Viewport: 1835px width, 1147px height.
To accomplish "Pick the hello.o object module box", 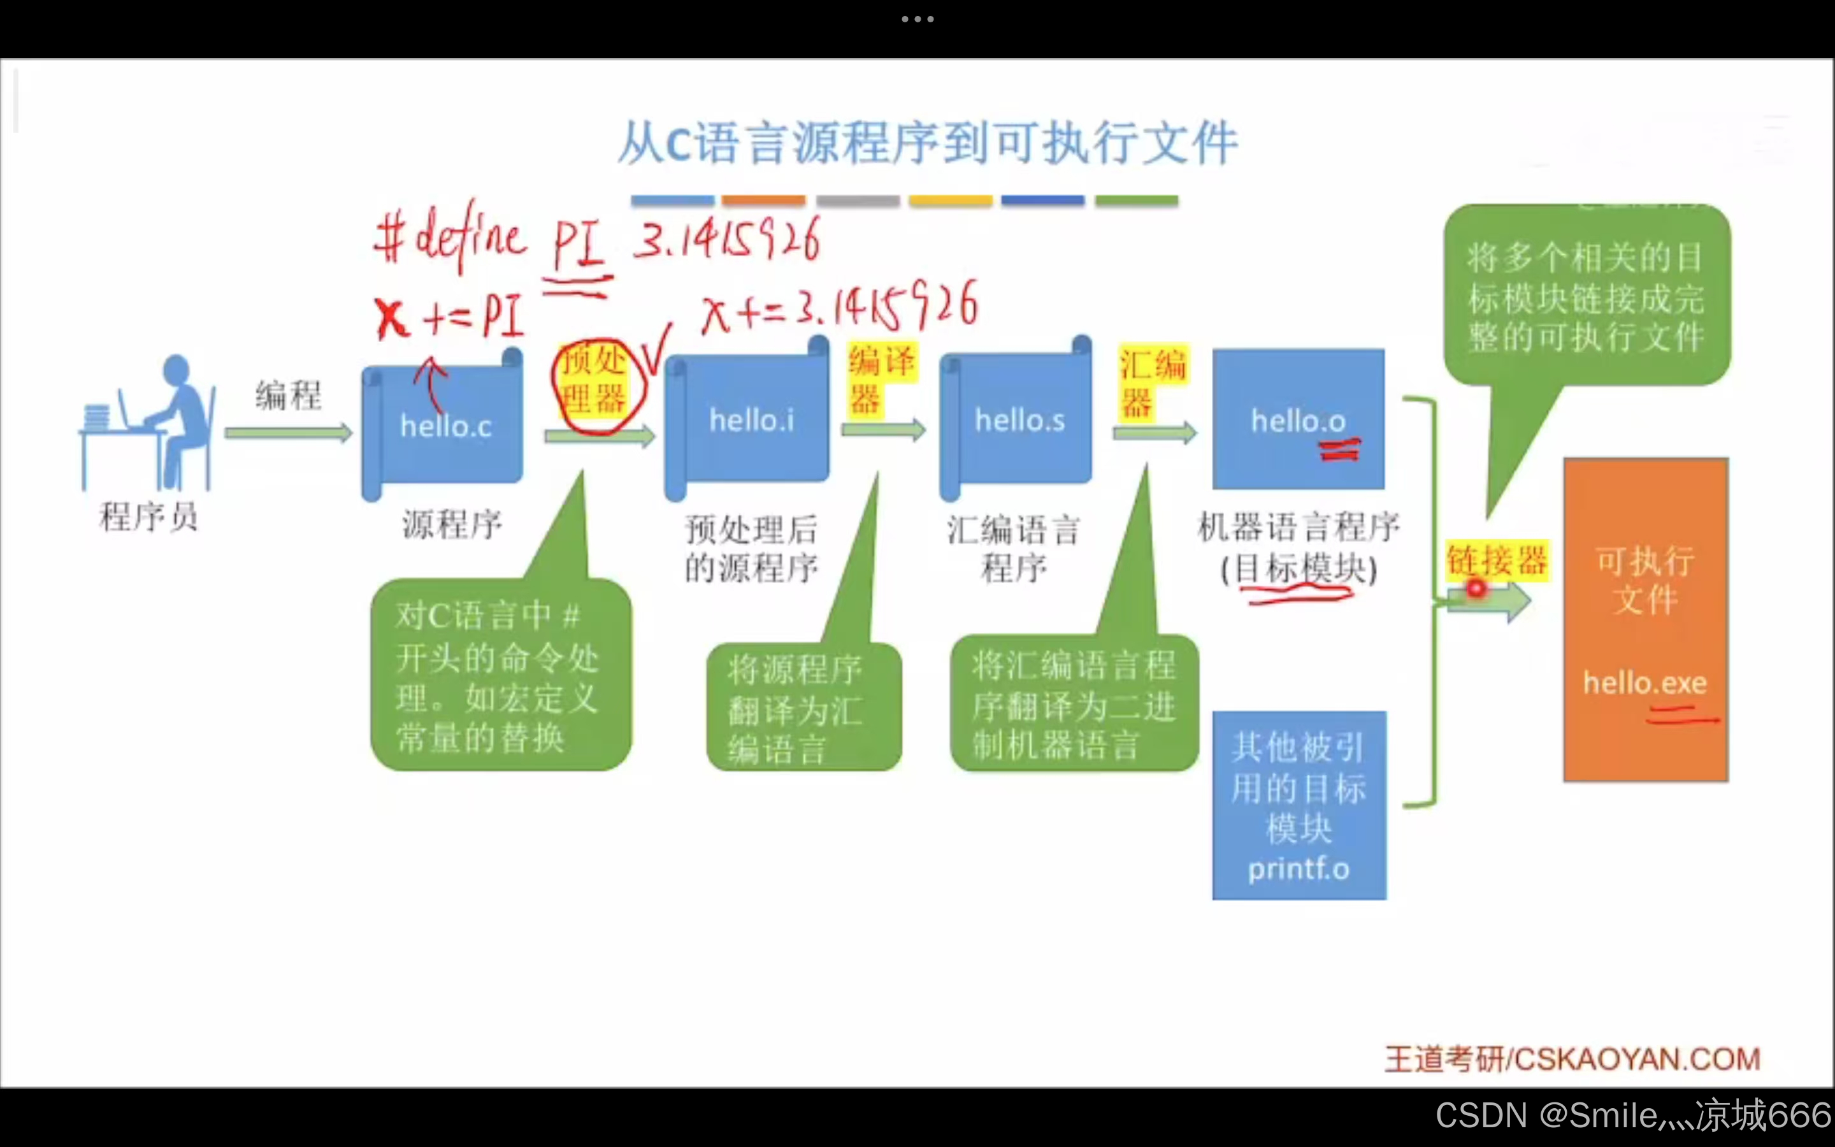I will pyautogui.click(x=1297, y=419).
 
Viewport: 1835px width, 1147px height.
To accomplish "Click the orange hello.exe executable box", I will pyautogui.click(x=1644, y=619).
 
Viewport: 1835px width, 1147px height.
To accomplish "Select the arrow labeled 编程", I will pyautogui.click(x=288, y=433).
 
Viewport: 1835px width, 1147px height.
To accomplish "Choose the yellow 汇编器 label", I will pyautogui.click(x=1151, y=384).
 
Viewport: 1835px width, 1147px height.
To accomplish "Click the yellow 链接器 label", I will pyautogui.click(x=1495, y=561).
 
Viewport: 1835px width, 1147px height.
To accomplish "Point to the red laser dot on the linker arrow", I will pyautogui.click(x=1475, y=588).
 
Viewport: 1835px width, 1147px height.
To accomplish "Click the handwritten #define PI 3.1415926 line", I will pyautogui.click(x=596, y=240).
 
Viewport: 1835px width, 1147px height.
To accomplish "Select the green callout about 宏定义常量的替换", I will pyautogui.click(x=500, y=675).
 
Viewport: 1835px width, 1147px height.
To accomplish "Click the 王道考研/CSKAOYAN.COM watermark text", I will pyautogui.click(x=1572, y=1059).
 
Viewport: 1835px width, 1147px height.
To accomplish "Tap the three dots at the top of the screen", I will pyautogui.click(x=917, y=19).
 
